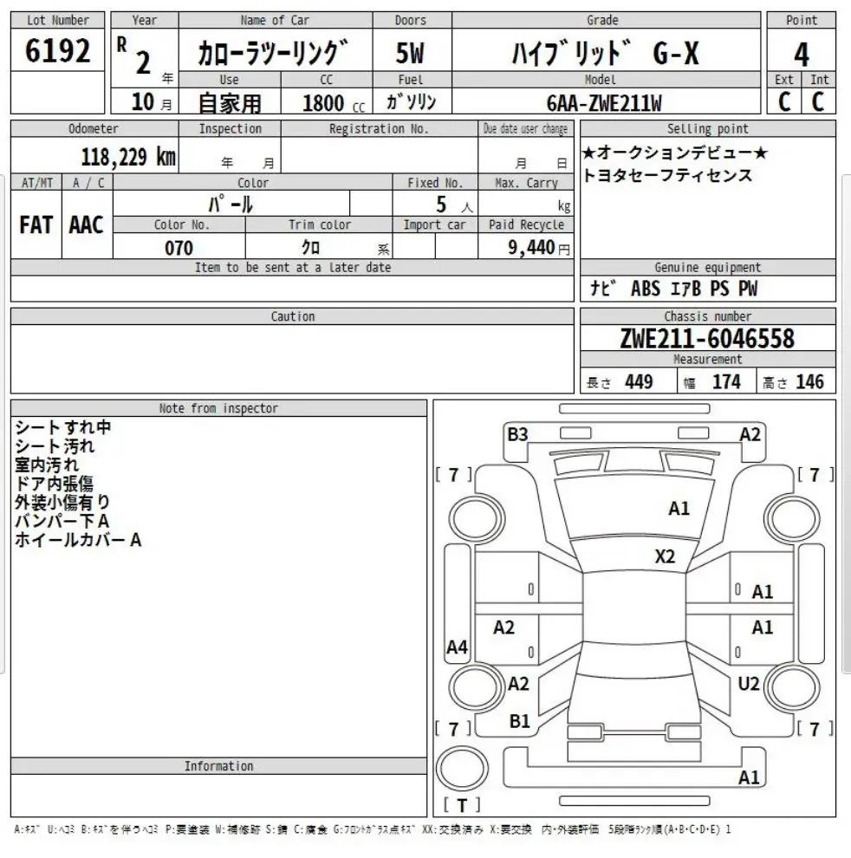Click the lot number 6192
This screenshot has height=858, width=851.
[58, 53]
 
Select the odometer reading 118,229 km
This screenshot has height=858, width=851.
[128, 158]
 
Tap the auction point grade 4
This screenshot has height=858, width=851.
[801, 55]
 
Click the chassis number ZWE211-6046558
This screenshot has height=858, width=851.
[707, 338]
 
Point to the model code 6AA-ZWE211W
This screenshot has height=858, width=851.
[604, 103]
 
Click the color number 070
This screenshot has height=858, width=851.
[179, 247]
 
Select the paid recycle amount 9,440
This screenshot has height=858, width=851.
[532, 247]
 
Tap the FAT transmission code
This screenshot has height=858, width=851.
[36, 225]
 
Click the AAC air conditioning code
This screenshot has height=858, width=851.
[87, 225]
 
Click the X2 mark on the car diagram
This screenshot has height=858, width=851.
[665, 556]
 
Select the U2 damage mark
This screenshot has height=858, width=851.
[749, 684]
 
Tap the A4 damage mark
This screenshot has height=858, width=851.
[457, 647]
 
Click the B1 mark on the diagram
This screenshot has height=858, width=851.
[519, 720]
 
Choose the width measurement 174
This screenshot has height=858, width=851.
[726, 381]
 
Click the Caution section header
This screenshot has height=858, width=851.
[292, 316]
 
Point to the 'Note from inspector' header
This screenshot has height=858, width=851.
[218, 408]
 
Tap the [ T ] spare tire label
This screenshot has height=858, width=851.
[462, 805]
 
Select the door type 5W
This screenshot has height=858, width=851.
[410, 54]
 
